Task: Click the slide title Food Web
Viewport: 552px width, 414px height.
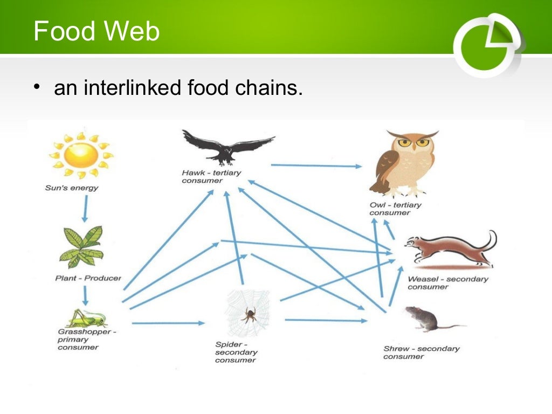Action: pyautogui.click(x=96, y=31)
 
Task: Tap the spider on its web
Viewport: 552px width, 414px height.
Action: pyautogui.click(x=249, y=314)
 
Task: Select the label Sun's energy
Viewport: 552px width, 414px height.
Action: pyautogui.click(x=72, y=188)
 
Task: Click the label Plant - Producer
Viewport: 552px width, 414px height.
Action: pyautogui.click(x=88, y=278)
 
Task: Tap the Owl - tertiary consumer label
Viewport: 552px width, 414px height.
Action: pyautogui.click(x=395, y=209)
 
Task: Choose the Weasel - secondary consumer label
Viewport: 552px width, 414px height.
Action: pyautogui.click(x=447, y=282)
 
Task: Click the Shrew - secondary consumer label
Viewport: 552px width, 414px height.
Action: pyautogui.click(x=421, y=353)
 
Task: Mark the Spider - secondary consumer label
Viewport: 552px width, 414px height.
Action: pyautogui.click(x=236, y=352)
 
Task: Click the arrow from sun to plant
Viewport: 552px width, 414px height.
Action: pyautogui.click(x=85, y=209)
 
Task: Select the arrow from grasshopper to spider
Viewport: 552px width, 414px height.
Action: pyautogui.click(x=168, y=323)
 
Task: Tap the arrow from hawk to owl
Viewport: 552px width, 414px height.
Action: pyautogui.click(x=316, y=166)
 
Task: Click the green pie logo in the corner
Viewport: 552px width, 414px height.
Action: pyautogui.click(x=488, y=45)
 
